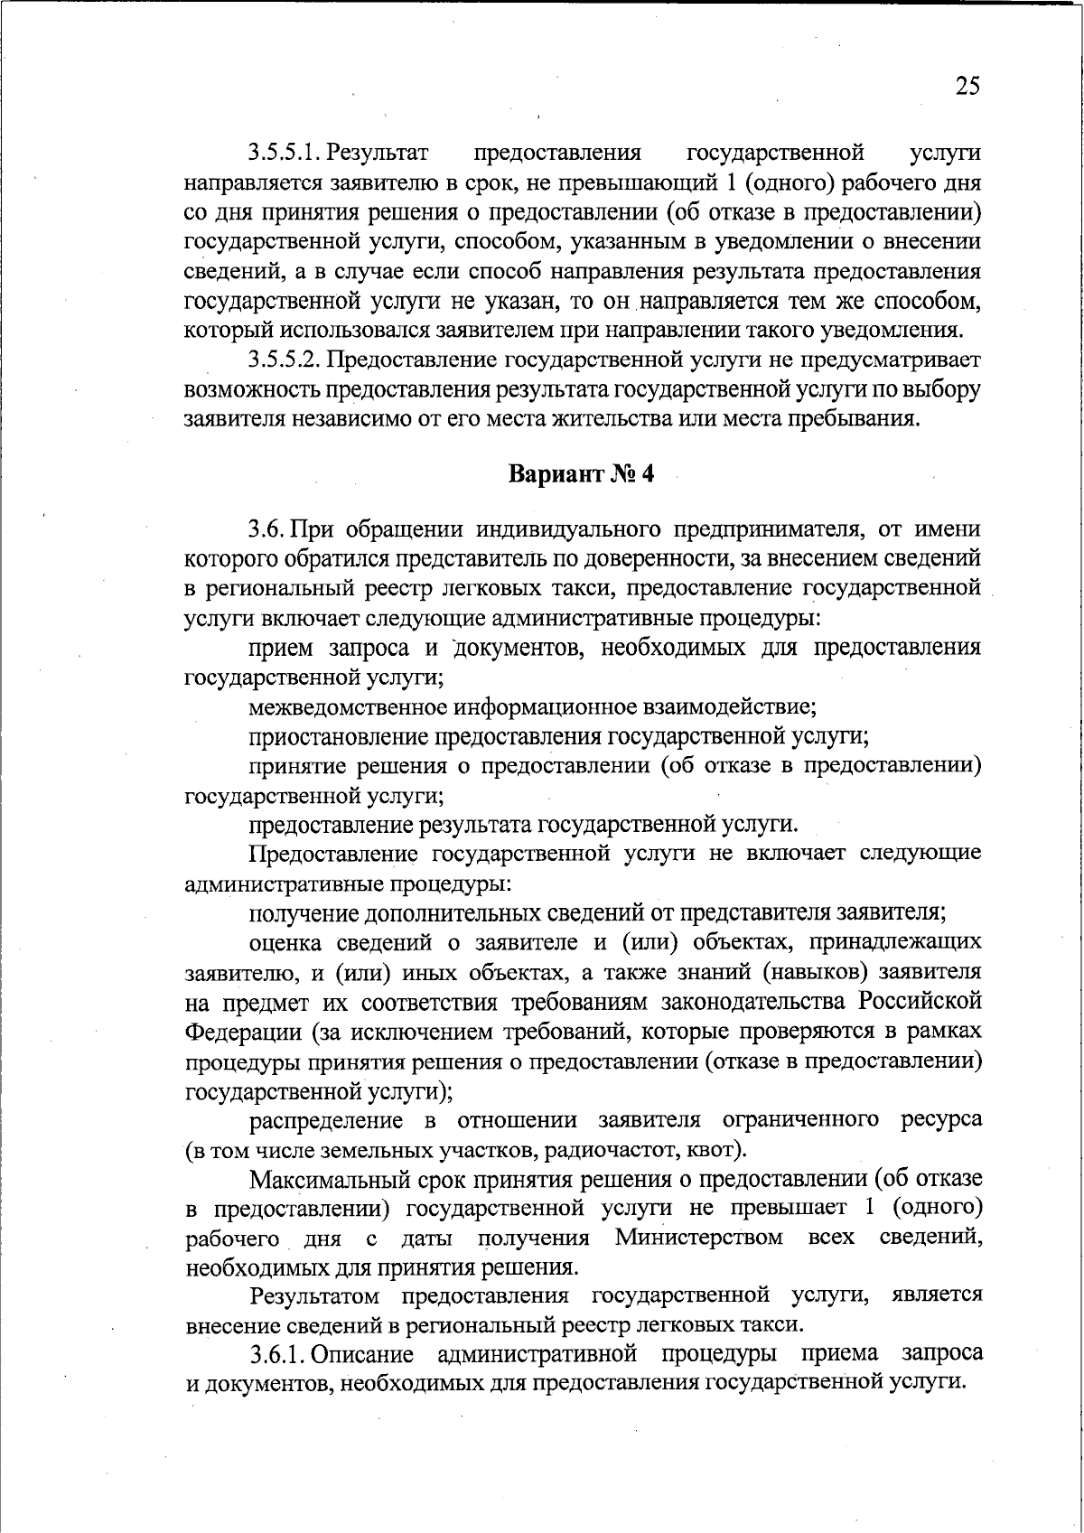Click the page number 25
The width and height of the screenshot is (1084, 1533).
click(x=966, y=87)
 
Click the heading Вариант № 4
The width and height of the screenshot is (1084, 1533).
click(x=581, y=474)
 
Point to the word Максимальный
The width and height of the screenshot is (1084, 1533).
click(x=325, y=1180)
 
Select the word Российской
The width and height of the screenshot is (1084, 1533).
click(x=920, y=1003)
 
